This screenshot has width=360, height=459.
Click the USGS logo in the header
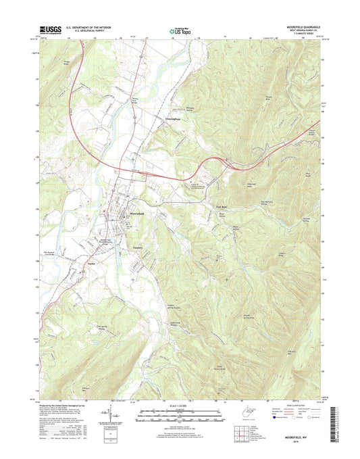[51, 30]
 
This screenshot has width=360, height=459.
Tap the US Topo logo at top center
[179, 30]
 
